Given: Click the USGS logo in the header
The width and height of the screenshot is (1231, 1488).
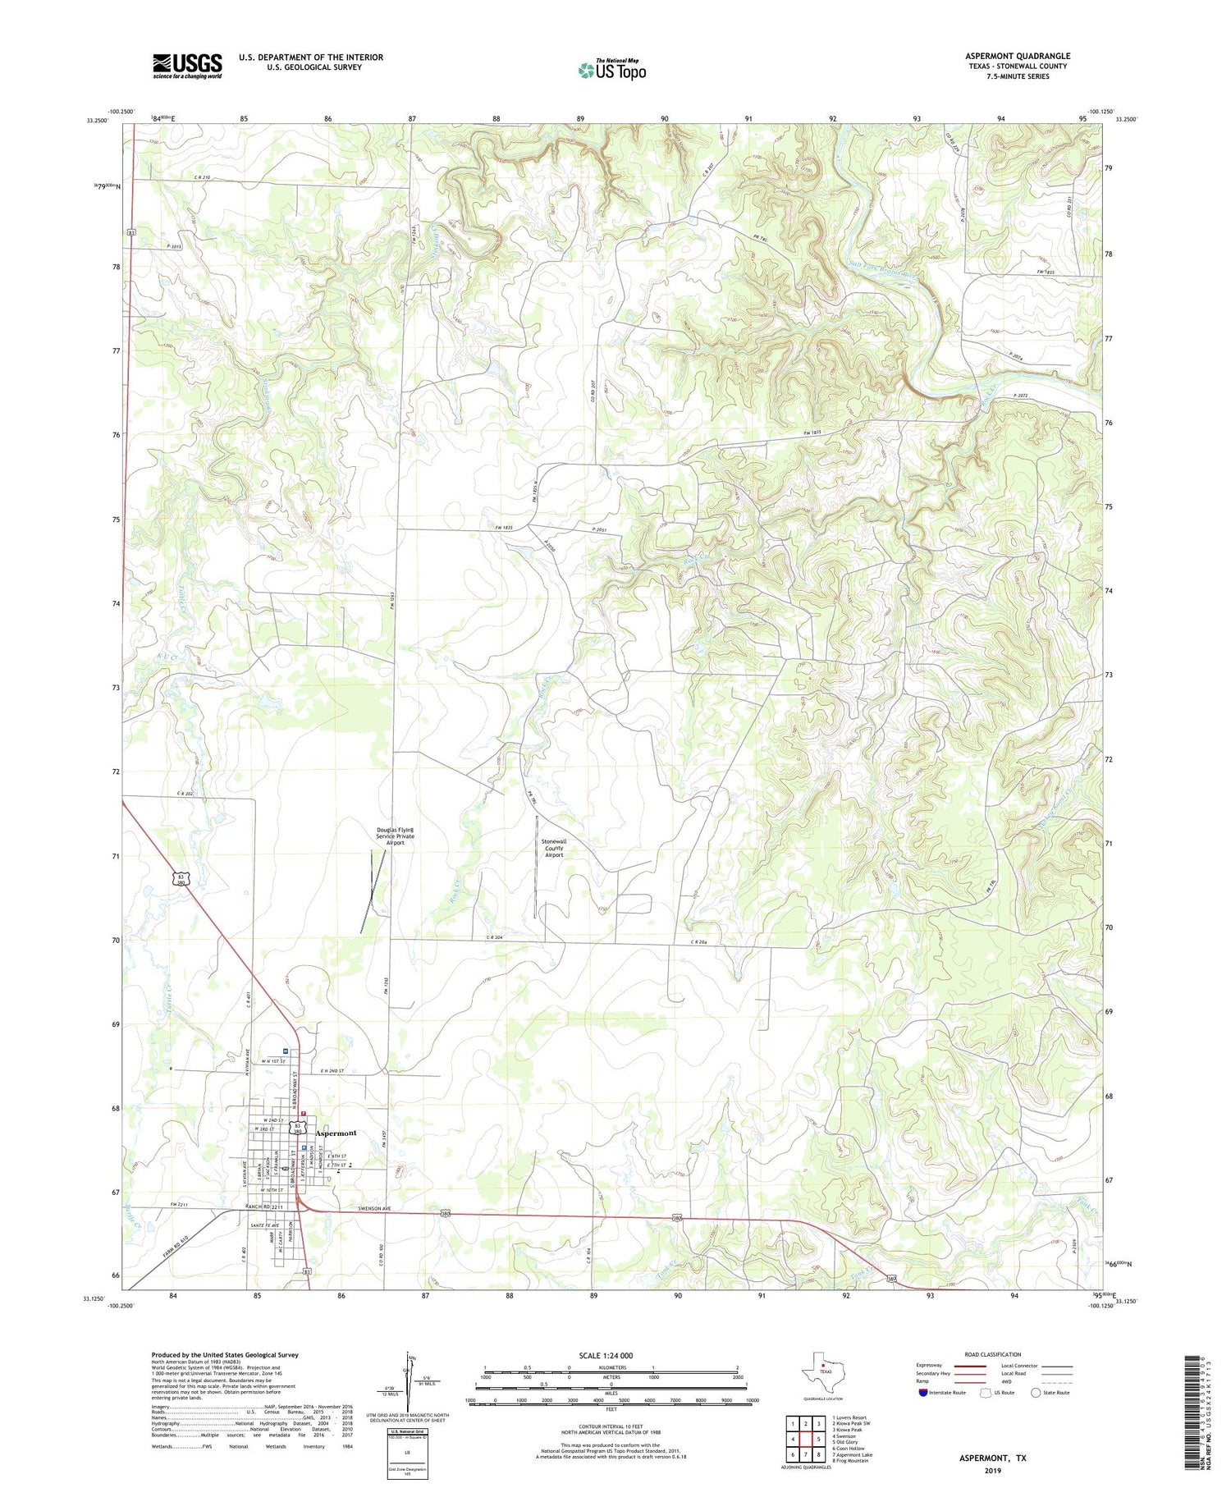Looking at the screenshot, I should click(x=187, y=66).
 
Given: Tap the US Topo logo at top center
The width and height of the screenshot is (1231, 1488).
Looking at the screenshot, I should click(x=611, y=70).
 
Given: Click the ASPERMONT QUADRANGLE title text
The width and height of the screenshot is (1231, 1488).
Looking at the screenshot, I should click(x=1017, y=56).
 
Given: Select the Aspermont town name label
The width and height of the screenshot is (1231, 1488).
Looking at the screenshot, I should click(x=336, y=1133).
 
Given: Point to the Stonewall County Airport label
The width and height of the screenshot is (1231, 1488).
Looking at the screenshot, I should click(x=554, y=848).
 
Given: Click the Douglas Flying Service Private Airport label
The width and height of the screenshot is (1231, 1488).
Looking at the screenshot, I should click(x=396, y=836).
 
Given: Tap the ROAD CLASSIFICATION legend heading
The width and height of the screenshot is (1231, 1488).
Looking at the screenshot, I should click(x=993, y=1354).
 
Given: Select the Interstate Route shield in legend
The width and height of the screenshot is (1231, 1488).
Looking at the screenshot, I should click(x=923, y=1393).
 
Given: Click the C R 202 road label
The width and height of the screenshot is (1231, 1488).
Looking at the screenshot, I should click(x=185, y=794).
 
